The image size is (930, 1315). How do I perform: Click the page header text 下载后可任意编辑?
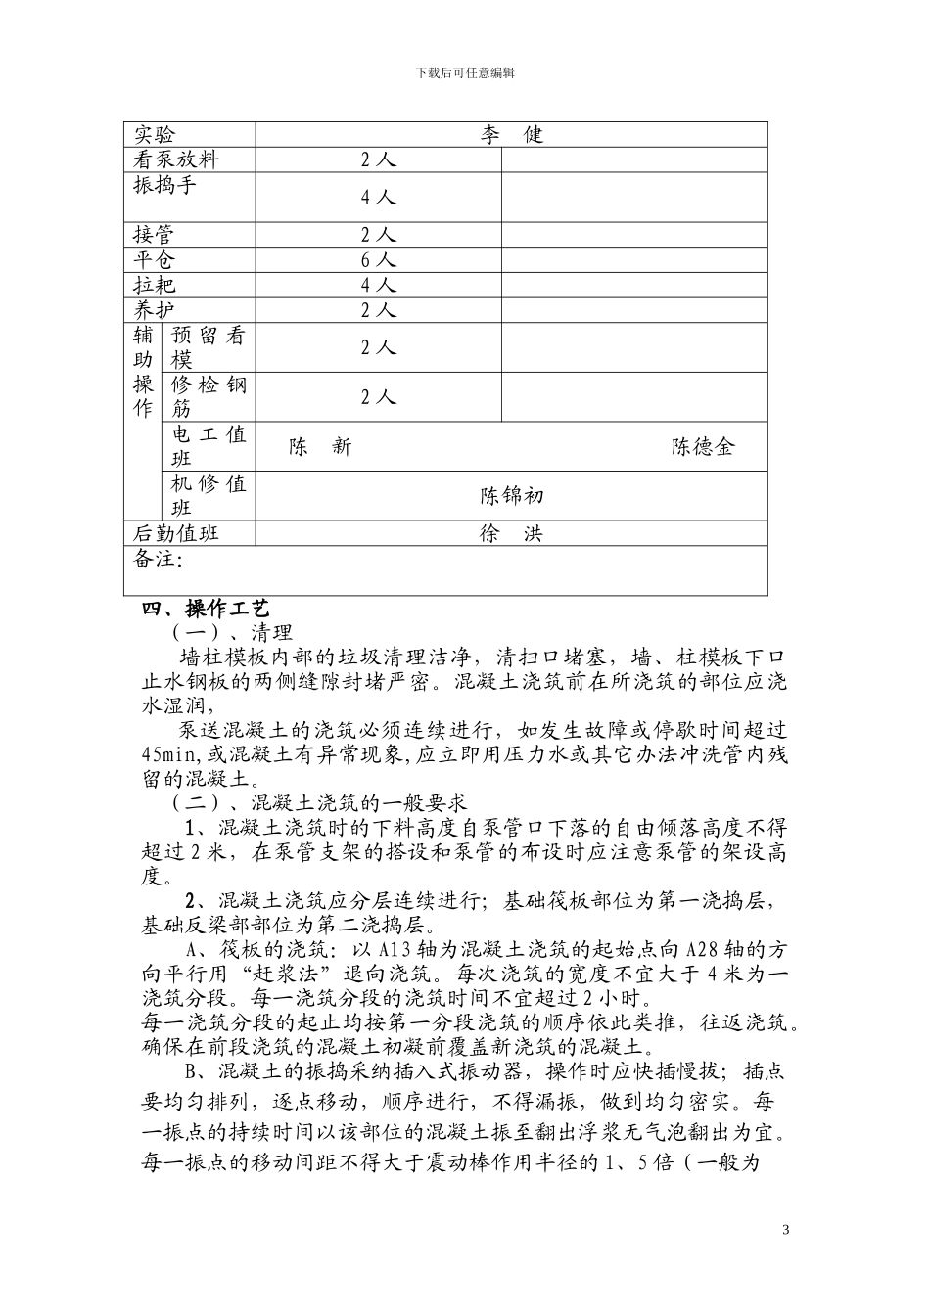[465, 72]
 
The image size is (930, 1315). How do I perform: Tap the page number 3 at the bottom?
[785, 1228]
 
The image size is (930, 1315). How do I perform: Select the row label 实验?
[154, 135]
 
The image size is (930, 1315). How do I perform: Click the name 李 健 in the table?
[511, 135]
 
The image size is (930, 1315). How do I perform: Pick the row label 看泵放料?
[176, 159]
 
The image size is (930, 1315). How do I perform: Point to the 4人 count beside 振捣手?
[378, 197]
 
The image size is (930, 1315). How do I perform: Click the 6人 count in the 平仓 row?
[378, 259]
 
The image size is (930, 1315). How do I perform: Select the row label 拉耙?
[154, 285]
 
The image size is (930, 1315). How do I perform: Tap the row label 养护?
[154, 310]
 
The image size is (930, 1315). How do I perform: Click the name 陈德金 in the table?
[703, 447]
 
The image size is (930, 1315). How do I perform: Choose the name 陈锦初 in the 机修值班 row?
[511, 496]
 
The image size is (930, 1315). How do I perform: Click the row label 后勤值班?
[176, 533]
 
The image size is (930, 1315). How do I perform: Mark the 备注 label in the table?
[157, 559]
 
